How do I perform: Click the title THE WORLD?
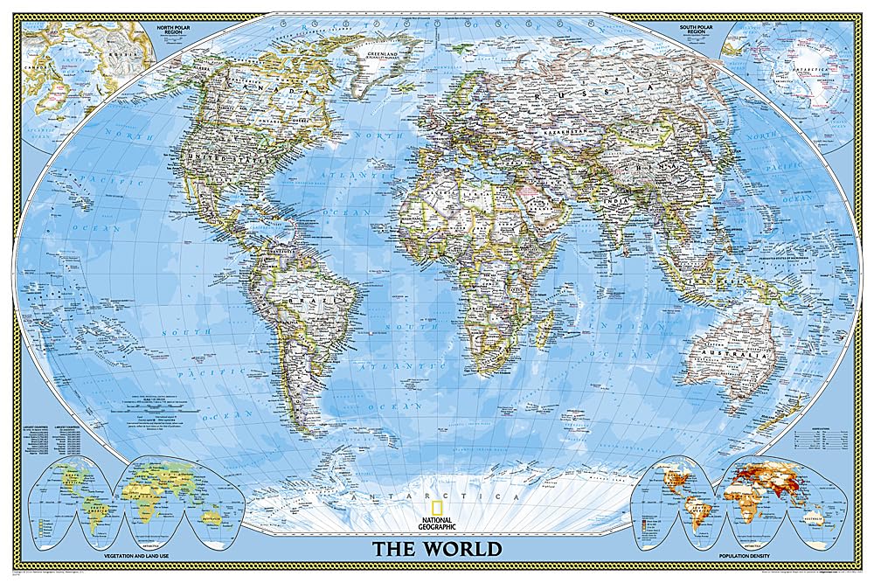pos(438,549)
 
